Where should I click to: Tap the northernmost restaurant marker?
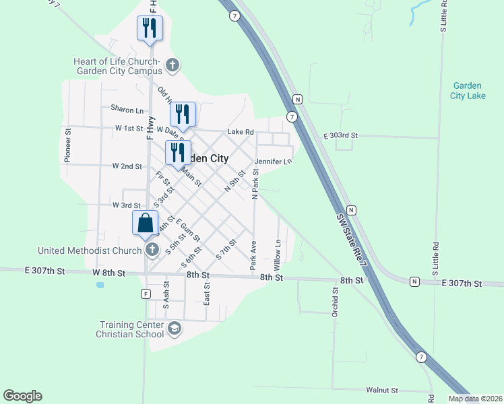click(x=149, y=28)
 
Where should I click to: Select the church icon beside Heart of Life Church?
click(x=172, y=65)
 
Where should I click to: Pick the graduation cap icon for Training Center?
click(x=175, y=329)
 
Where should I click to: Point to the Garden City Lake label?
click(x=468, y=91)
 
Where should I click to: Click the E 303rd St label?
click(x=339, y=136)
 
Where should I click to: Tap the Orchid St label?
click(x=335, y=304)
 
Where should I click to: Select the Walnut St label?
click(x=383, y=390)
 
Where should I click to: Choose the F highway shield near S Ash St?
click(x=145, y=294)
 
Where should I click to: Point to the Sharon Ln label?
click(x=127, y=109)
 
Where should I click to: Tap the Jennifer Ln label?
click(x=274, y=162)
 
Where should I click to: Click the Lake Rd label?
click(x=240, y=132)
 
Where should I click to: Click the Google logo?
click(x=22, y=396)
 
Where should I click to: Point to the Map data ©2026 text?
click(x=476, y=399)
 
